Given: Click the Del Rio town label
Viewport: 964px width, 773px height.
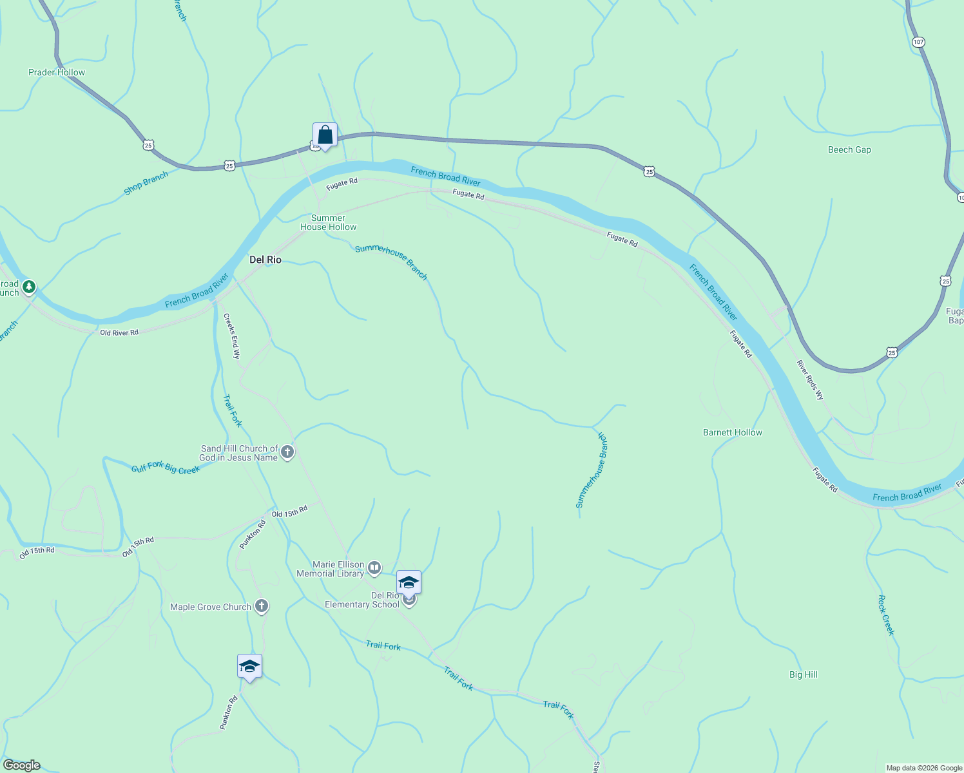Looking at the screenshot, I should (265, 260).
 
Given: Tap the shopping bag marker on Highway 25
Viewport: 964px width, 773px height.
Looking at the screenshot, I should (325, 135).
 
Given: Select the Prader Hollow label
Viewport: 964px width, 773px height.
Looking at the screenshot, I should (57, 72).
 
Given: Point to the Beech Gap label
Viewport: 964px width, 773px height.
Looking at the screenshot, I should (849, 149).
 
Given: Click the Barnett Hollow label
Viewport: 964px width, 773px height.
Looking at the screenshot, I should (733, 432).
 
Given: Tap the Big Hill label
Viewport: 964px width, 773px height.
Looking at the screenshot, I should (804, 674).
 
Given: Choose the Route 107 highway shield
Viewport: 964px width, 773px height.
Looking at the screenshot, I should (918, 42).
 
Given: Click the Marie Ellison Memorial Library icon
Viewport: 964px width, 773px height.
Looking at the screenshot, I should (374, 568).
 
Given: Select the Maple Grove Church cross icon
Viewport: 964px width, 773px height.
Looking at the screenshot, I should (261, 606).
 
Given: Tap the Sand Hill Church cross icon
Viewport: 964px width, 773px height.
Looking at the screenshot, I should (287, 452).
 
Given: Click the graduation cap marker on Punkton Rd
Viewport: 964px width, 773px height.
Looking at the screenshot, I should (249, 667).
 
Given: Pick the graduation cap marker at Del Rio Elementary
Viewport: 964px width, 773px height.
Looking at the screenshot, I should (409, 583).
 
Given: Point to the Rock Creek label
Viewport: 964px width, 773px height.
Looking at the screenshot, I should (887, 615).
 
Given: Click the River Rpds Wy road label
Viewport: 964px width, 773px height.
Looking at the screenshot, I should (810, 380).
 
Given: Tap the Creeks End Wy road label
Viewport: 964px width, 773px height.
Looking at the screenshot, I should (231, 336).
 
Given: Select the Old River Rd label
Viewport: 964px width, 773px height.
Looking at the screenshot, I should (119, 332).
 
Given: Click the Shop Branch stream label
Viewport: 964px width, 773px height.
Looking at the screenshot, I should (146, 184).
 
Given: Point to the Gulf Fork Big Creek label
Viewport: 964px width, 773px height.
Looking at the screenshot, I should (166, 468).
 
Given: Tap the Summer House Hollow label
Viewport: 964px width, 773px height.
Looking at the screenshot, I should (328, 222).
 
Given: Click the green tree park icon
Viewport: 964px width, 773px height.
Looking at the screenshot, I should (28, 287).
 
